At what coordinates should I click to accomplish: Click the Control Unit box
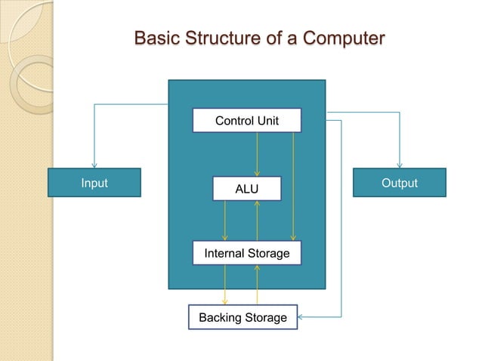[x=246, y=121]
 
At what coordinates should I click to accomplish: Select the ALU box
[x=246, y=189]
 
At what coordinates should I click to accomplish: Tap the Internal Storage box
[x=246, y=254]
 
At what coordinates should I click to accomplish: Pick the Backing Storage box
[x=243, y=317]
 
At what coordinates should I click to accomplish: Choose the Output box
[x=400, y=183]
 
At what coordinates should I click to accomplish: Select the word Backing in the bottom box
[x=219, y=317]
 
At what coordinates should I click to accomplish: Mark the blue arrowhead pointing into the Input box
[x=94, y=165]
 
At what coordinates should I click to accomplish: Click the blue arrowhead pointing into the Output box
[x=400, y=165]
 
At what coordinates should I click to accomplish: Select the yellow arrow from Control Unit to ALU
[x=258, y=155]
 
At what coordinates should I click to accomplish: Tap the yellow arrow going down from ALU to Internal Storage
[x=225, y=221]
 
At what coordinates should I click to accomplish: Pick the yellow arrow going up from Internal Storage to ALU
[x=258, y=221]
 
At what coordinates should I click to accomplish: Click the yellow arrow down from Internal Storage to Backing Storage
[x=225, y=285]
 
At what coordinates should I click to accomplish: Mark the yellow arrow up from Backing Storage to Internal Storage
[x=258, y=285]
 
